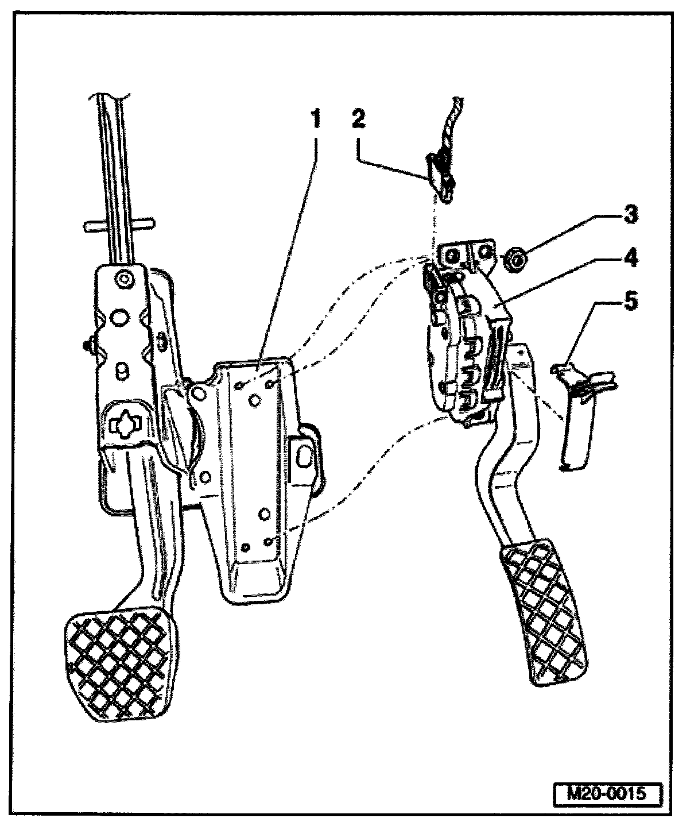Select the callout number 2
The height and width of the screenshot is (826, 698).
click(359, 120)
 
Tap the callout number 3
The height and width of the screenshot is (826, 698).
click(630, 216)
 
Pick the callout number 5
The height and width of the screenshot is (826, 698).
click(630, 301)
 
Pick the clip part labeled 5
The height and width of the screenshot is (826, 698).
click(577, 414)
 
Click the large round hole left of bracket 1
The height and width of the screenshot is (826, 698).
click(199, 394)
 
